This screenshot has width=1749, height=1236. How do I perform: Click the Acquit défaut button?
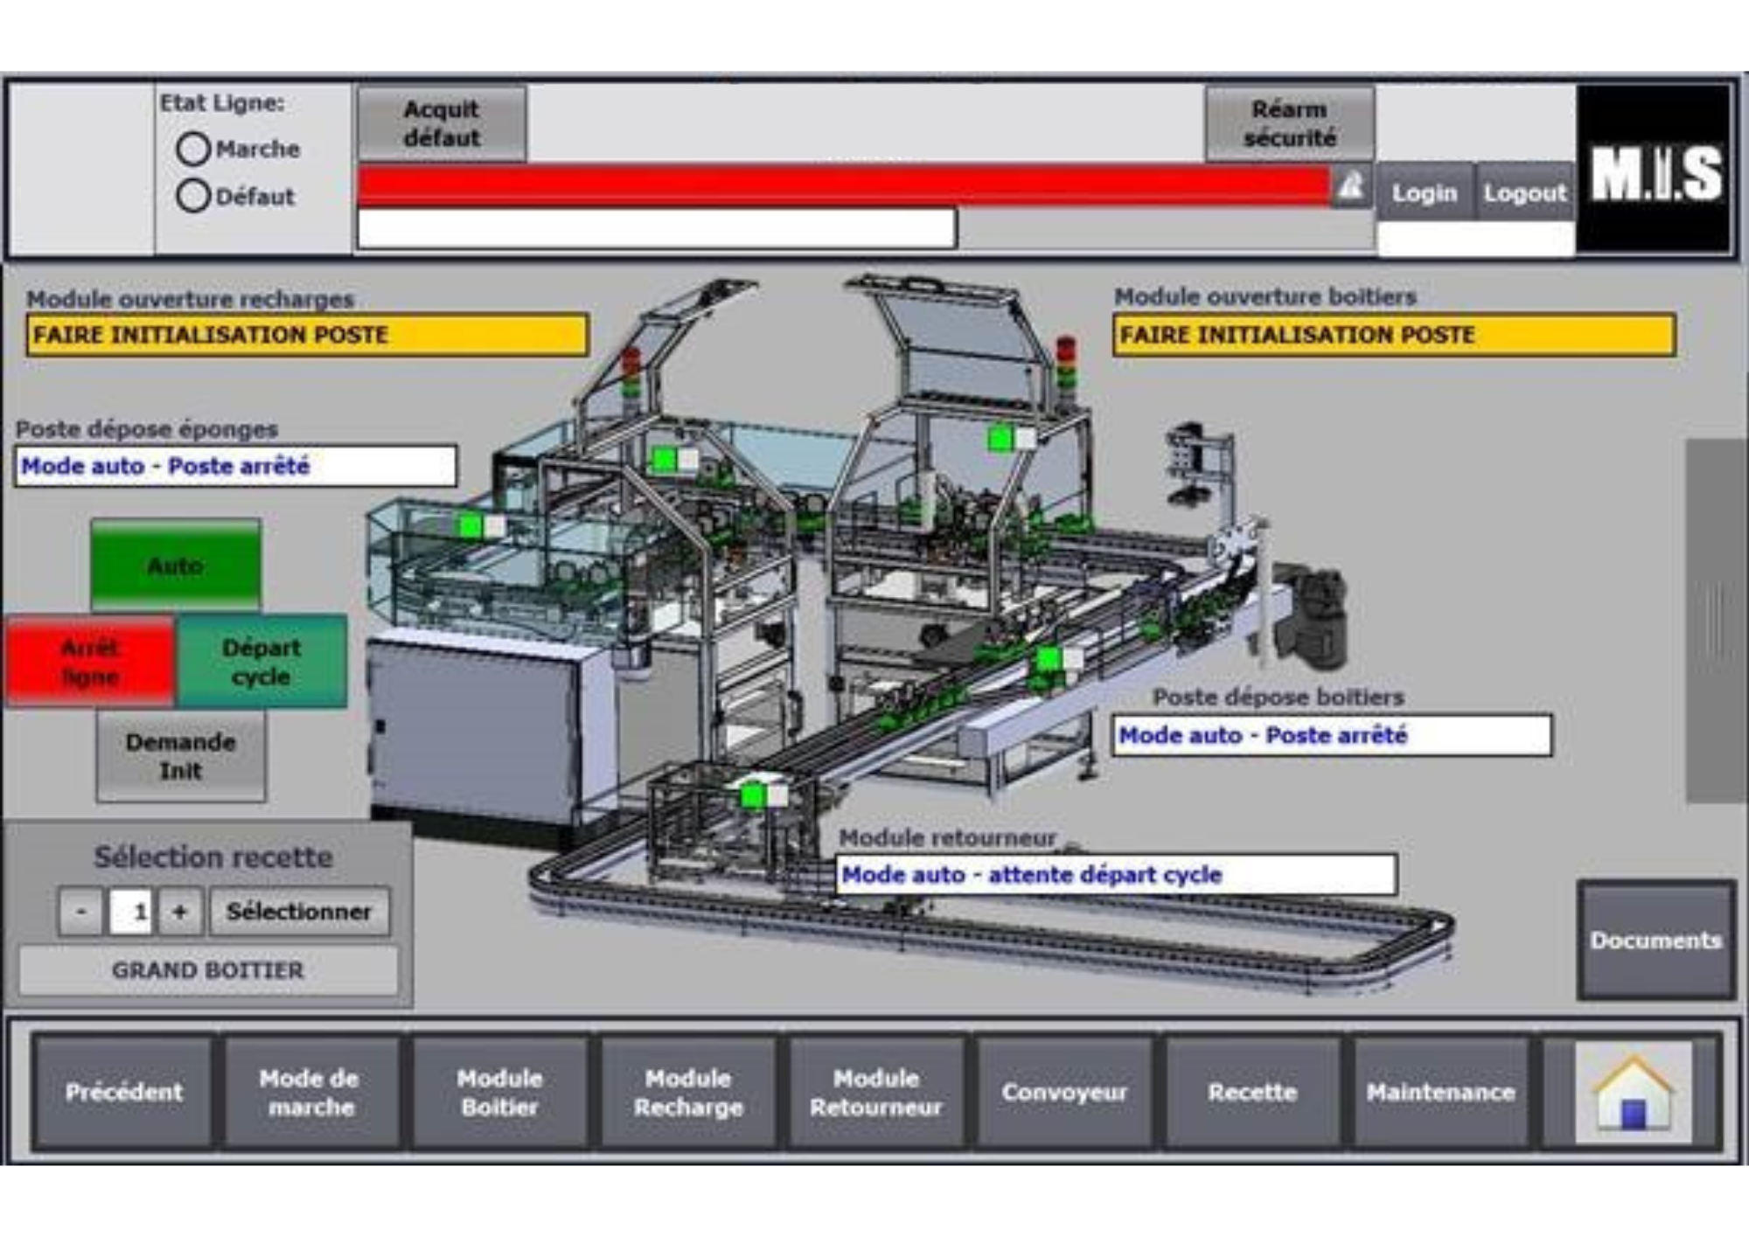coord(442,123)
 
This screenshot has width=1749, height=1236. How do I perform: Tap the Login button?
coord(1425,192)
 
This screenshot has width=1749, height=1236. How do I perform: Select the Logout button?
coord(1524,192)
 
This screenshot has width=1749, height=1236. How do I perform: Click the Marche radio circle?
coord(193,149)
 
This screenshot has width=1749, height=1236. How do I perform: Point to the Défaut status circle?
coord(193,196)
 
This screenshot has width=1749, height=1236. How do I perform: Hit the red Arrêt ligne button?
coord(91,662)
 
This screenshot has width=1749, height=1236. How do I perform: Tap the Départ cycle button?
coord(261,662)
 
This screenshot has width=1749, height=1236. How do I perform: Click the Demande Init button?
coord(181,756)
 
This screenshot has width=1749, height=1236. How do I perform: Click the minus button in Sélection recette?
coord(81,912)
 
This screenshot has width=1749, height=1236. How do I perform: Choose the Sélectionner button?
coord(299,912)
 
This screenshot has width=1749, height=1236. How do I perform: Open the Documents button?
coord(1655,941)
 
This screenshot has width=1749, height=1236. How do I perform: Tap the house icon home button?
coord(1633,1093)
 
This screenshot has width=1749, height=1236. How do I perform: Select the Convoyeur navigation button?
coord(1064,1093)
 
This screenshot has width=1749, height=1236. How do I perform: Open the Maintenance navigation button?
coord(1440,1093)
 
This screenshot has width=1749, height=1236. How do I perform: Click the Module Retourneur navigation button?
coord(876,1093)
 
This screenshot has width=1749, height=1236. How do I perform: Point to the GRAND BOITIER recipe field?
coord(208,970)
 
